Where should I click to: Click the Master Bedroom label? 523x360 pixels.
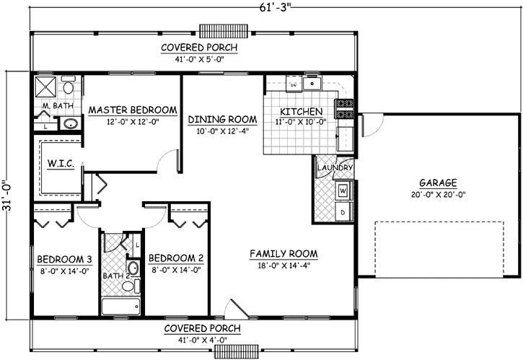tap(132, 110)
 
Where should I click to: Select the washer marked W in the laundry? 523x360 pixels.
tap(343, 190)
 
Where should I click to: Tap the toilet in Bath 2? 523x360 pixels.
tap(128, 286)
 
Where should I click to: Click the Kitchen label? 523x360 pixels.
tap(296, 112)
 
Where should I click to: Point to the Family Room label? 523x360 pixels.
tap(284, 254)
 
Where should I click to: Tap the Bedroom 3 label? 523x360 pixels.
tap(61, 258)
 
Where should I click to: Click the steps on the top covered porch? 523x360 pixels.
tap(224, 31)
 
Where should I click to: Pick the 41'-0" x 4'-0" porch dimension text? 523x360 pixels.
tap(201, 338)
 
